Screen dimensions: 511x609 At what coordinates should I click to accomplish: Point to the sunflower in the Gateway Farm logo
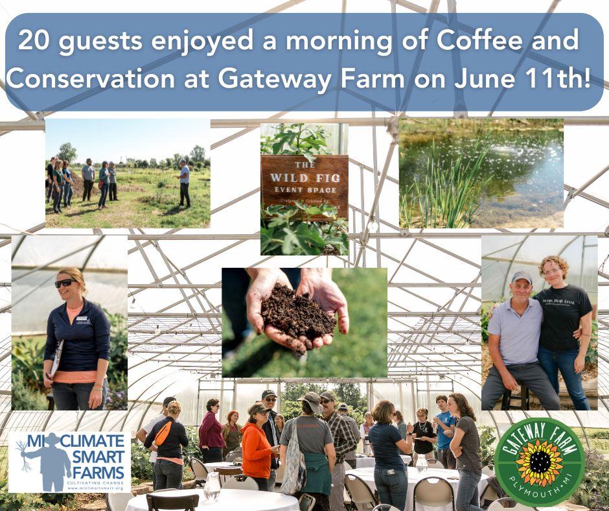pyautogui.click(x=539, y=462)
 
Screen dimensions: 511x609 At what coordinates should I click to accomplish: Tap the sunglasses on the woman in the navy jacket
pyautogui.click(x=65, y=283)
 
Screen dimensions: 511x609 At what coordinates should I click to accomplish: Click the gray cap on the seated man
pyautogui.click(x=521, y=277)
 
